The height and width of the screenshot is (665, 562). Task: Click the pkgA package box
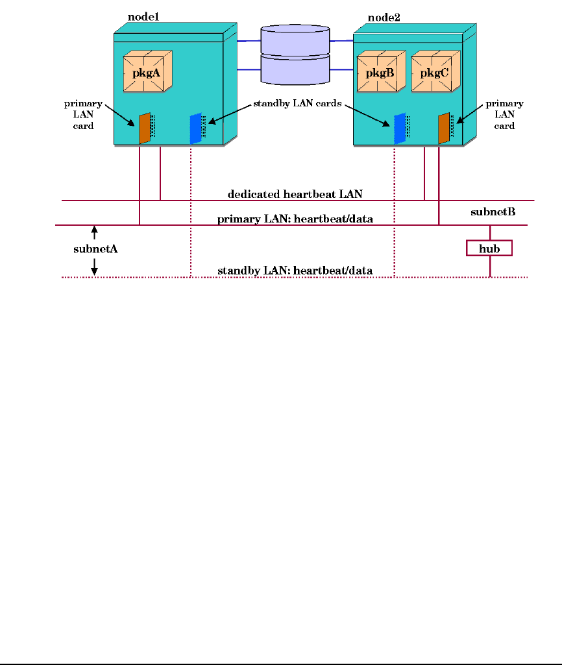tap(147, 71)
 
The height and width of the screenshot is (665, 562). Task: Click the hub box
tap(489, 248)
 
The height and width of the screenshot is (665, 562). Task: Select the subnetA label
tap(94, 248)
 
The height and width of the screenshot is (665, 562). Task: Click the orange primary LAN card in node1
tap(145, 128)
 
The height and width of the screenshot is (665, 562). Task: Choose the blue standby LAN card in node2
tap(399, 128)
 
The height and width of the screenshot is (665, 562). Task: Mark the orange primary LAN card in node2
tap(444, 127)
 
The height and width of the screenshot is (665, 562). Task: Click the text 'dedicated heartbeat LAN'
tap(295, 194)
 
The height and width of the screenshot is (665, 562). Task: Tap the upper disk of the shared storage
tap(295, 39)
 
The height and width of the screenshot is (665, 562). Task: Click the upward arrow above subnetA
tap(94, 231)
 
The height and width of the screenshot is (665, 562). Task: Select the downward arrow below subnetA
tap(94, 266)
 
